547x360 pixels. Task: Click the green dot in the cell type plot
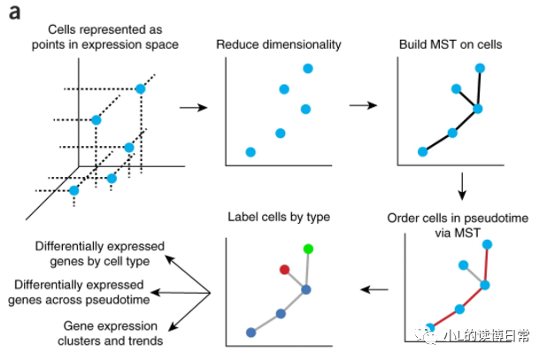point(308,250)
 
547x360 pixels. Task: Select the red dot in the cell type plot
point(284,269)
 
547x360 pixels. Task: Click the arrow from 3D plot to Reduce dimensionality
point(193,107)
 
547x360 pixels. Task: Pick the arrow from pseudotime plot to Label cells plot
point(376,288)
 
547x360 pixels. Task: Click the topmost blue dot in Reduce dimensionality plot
point(307,68)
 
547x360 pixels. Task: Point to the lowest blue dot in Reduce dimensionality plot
point(250,152)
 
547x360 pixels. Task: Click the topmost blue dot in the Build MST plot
point(480,68)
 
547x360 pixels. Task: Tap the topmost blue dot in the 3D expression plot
point(140,88)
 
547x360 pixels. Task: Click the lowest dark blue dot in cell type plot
point(251,333)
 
